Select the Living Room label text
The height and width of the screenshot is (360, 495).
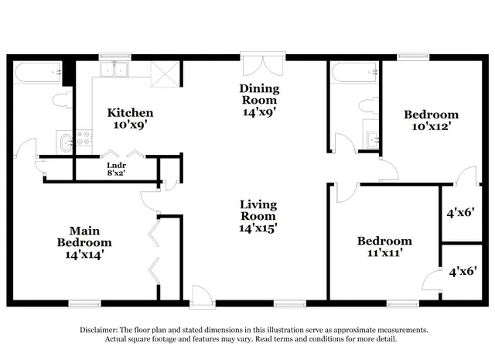[x=258, y=216]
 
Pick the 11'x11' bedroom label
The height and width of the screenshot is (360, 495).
[x=384, y=246]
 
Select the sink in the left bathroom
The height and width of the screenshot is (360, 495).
[x=65, y=141]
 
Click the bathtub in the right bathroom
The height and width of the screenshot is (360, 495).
[x=355, y=74]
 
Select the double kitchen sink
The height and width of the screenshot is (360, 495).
[x=118, y=70]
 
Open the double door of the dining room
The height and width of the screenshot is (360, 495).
[x=264, y=63]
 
